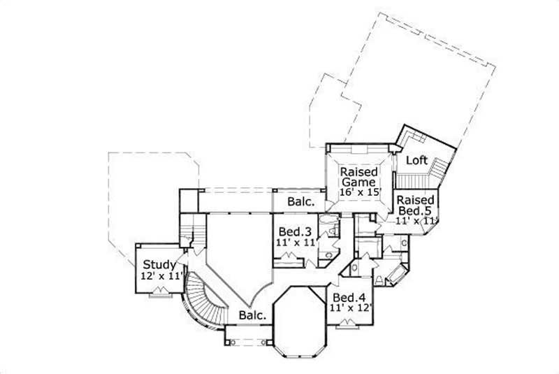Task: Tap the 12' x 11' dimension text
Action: [x=161, y=276]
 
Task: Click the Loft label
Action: [x=417, y=160]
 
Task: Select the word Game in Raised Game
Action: [x=358, y=183]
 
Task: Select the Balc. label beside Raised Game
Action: [x=301, y=202]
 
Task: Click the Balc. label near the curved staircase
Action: [x=252, y=315]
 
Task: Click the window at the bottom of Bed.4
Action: [x=347, y=323]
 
